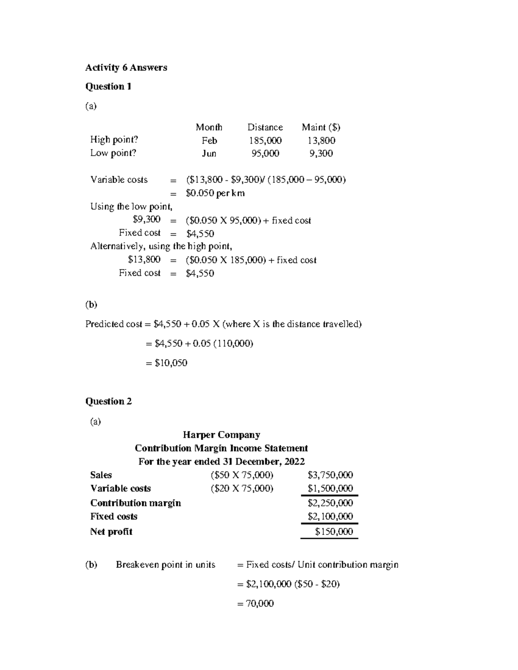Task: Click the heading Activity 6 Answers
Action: pos(126,67)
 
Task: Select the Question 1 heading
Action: pos(108,86)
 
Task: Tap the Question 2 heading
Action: pos(108,401)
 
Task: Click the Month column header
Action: pos(209,127)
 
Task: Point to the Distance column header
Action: pos(265,127)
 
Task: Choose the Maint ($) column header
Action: pos(321,127)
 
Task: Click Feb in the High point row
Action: pos(209,141)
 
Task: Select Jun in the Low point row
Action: pos(209,154)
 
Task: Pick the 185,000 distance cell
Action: pos(265,141)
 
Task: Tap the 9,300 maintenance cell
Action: pos(321,154)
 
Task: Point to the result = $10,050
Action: pos(167,363)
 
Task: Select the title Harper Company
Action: pos(221,435)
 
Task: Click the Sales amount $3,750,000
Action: pos(330,475)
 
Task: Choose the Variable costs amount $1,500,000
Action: pos(330,488)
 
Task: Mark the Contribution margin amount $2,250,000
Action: pos(330,503)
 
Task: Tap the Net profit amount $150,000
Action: pos(334,532)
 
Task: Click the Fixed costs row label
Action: pos(114,516)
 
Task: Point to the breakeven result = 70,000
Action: pos(256,604)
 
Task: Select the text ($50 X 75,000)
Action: pos(242,475)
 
